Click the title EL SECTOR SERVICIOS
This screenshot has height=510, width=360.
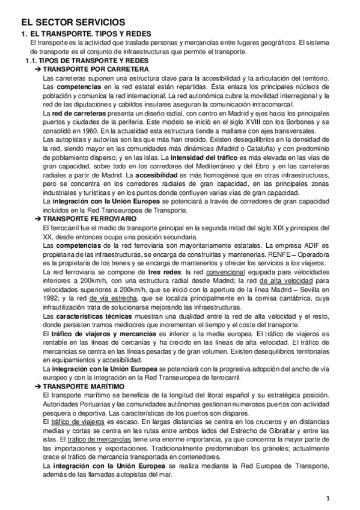[x=72, y=22]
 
